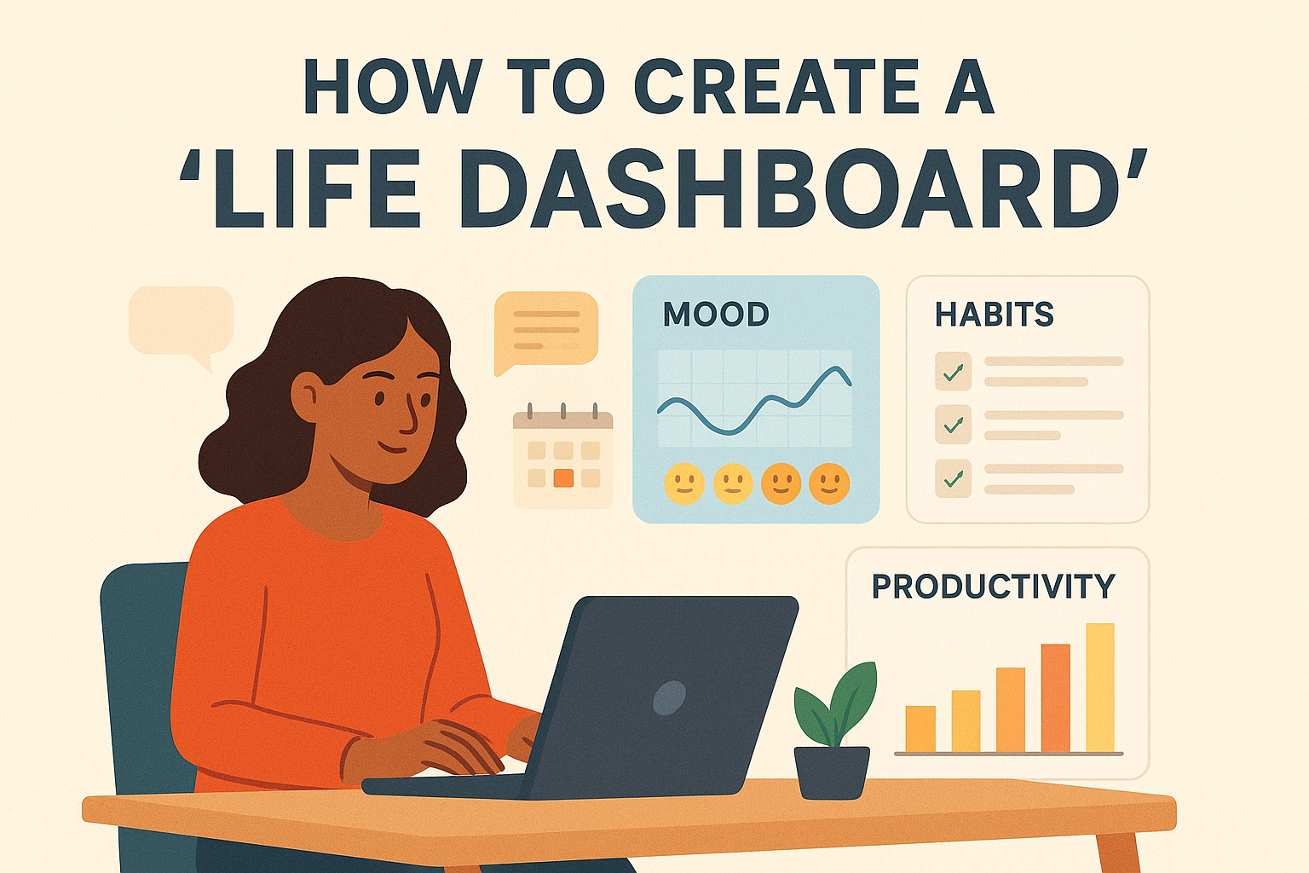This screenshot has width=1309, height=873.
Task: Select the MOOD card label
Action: [716, 315]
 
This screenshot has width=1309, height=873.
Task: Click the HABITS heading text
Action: [994, 315]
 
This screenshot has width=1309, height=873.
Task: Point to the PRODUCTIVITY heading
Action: [994, 587]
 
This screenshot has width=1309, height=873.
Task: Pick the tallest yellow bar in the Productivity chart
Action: [1100, 688]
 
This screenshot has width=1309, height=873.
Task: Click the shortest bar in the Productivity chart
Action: [920, 729]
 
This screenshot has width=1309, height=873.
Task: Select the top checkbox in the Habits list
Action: [953, 372]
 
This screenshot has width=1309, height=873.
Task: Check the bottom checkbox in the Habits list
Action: [953, 479]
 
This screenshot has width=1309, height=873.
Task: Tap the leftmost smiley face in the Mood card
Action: [684, 483]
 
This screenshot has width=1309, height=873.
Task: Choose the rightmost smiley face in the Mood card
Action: [829, 483]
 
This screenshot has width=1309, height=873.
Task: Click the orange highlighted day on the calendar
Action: [563, 477]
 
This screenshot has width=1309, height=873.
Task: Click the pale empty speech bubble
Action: [181, 325]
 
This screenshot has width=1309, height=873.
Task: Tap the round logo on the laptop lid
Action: [669, 698]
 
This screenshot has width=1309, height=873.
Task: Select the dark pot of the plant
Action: [832, 772]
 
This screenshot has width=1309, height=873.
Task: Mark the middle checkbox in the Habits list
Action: [953, 425]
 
